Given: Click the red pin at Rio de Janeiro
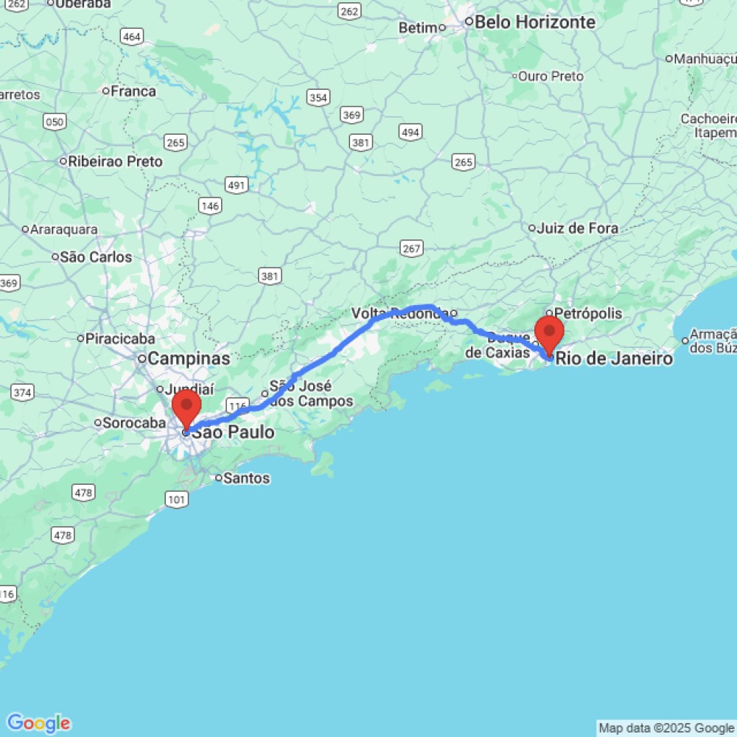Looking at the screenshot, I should point(549,333).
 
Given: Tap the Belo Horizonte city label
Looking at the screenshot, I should point(534,22).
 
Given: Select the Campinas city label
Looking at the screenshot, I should point(189,359).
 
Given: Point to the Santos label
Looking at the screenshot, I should point(246,478).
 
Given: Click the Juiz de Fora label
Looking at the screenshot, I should point(579,228).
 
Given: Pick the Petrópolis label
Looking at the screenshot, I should point(588,313).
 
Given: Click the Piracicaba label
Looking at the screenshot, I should point(121,339).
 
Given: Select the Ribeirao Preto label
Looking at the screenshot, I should point(115,161).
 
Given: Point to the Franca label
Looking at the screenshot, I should point(133,91).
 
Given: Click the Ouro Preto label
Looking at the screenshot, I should point(551,76).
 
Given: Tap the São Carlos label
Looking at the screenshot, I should point(96,257).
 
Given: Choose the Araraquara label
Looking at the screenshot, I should point(63,229).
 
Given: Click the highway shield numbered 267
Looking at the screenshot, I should point(411,248).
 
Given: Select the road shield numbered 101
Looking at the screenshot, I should point(177,500).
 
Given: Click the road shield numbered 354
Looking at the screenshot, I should point(318,98).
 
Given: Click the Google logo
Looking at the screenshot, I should point(38,723).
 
